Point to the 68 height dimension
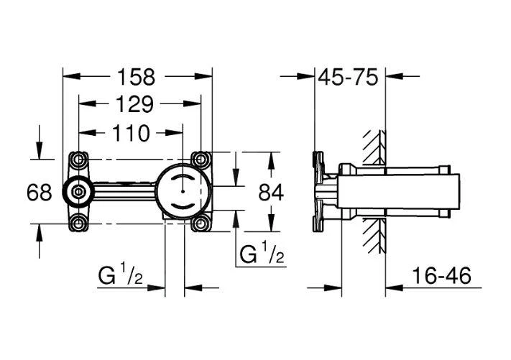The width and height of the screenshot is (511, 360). tap(40, 192)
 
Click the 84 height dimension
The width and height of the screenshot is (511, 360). tap(270, 192)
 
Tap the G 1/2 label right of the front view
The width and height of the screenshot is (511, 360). tap(259, 254)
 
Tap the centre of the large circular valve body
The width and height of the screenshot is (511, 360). tap(184, 190)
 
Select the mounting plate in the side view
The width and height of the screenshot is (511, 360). tap(316, 190)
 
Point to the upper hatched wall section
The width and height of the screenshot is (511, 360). tap(373, 147)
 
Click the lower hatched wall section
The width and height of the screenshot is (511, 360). tap(373, 234)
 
